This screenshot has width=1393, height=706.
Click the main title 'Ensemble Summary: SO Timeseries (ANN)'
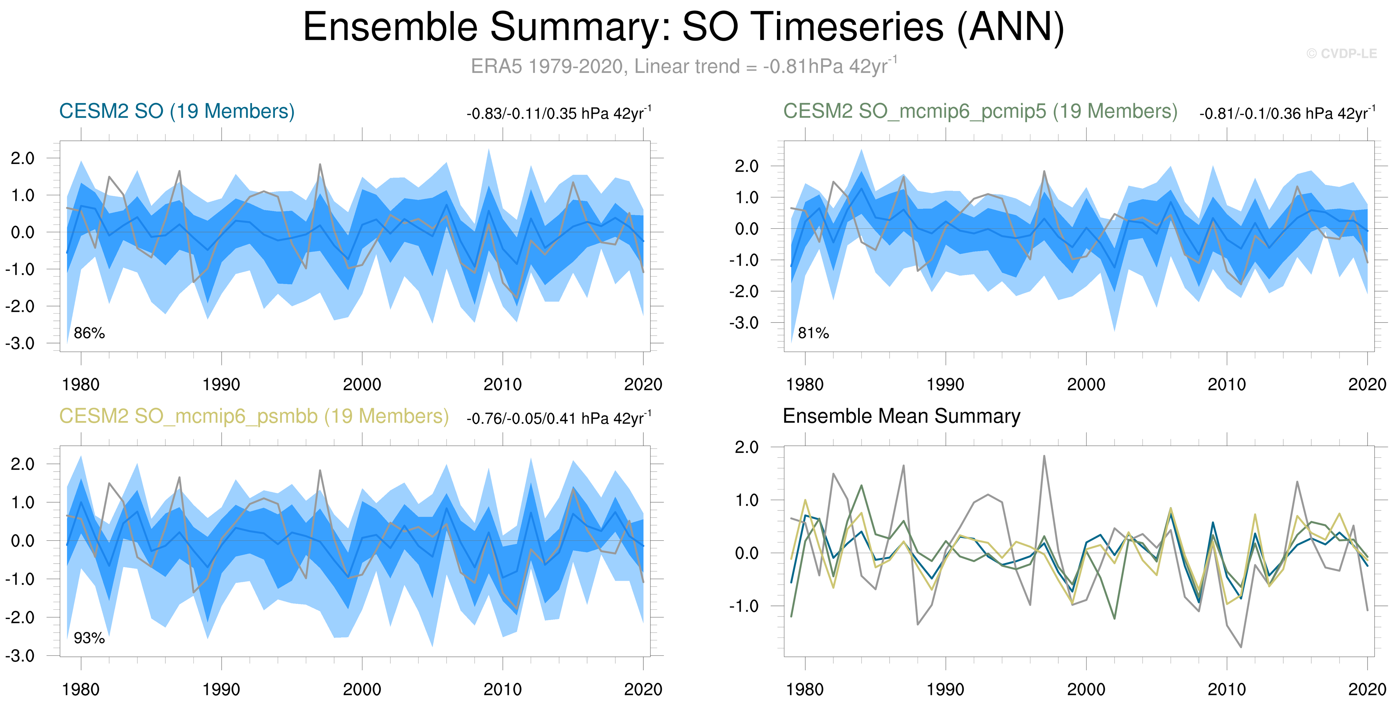(683, 27)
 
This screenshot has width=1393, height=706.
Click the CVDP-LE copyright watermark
(1342, 53)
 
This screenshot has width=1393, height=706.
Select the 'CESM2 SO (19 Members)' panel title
(177, 111)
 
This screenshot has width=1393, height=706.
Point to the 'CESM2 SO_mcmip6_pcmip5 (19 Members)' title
(980, 111)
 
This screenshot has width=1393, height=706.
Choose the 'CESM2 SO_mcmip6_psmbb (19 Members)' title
(254, 416)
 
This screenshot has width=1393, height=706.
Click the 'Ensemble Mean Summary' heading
(902, 416)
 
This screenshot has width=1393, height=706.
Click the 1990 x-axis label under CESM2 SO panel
(221, 385)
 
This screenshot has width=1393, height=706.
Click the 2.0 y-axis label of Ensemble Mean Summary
(746, 447)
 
